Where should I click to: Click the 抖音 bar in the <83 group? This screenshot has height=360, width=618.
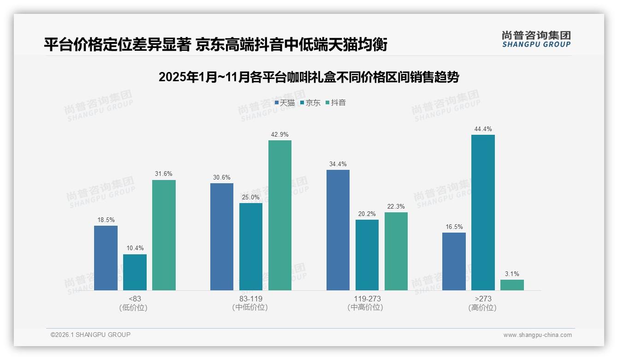coord(164,235)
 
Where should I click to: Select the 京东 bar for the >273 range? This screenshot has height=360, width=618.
coord(483,212)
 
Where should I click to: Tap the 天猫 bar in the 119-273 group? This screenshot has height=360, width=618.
coord(338,230)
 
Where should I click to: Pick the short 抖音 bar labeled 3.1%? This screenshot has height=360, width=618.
coord(512,285)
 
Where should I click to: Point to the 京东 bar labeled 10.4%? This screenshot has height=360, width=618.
coord(135,272)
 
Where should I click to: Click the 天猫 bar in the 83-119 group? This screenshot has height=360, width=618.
coord(222,236)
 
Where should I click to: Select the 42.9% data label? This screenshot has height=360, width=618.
coord(280,135)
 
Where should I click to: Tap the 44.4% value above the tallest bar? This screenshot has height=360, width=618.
coord(483,129)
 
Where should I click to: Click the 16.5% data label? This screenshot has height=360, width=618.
coord(454,227)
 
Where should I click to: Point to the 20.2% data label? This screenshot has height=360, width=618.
coord(367,214)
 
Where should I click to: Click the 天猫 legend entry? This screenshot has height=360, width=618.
coord(285,103)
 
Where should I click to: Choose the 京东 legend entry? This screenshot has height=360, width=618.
coord(310,103)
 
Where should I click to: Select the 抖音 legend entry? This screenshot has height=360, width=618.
coord(336,103)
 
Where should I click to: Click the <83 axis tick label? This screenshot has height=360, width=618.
coord(135,299)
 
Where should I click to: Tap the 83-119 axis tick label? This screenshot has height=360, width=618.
coord(251,299)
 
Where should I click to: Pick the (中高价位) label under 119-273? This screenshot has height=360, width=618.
coord(367,307)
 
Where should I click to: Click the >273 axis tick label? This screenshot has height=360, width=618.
coord(483,299)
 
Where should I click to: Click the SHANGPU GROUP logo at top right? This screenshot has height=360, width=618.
coord(536,39)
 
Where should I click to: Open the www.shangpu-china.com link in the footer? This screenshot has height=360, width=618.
coord(537,335)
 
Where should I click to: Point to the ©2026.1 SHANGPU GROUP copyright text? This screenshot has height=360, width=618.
coord(90,335)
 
